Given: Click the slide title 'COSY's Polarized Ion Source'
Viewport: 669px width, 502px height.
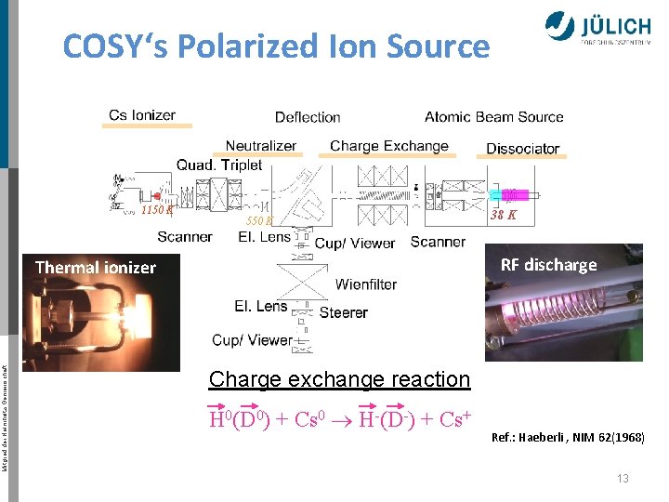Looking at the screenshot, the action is point(276,46).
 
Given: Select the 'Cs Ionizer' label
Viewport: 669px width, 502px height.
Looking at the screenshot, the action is point(142,115).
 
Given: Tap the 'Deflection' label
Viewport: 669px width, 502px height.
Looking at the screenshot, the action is point(308,117).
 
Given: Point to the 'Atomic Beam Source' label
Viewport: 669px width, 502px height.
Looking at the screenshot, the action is point(494,117).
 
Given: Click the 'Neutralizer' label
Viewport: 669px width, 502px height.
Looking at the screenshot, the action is point(261,146).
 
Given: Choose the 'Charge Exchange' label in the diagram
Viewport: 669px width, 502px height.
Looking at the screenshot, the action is point(389,146).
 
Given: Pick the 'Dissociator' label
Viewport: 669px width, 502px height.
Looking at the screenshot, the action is point(523,149).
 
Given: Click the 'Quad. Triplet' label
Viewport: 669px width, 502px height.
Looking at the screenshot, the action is point(219,165).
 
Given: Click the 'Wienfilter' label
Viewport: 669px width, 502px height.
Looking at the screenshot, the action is point(366,284).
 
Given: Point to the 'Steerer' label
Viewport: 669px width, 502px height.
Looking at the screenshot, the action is point(344,312).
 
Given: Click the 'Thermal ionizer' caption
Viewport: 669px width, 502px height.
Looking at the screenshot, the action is point(96,268).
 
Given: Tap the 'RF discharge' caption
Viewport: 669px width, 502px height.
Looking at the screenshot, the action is point(548,265).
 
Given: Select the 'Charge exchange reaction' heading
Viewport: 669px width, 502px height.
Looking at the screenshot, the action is point(340,379).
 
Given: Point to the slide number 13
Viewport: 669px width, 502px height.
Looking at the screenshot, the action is point(623,478).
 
